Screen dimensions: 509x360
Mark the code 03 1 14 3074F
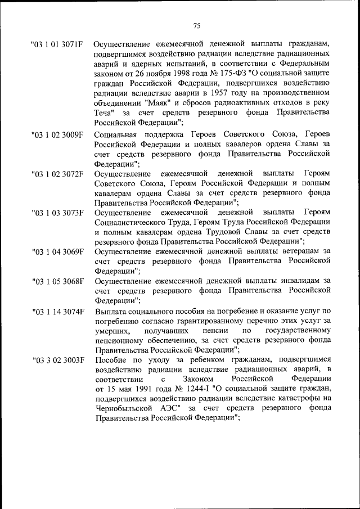(x=58, y=310)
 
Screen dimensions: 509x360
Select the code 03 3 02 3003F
(x=58, y=359)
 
